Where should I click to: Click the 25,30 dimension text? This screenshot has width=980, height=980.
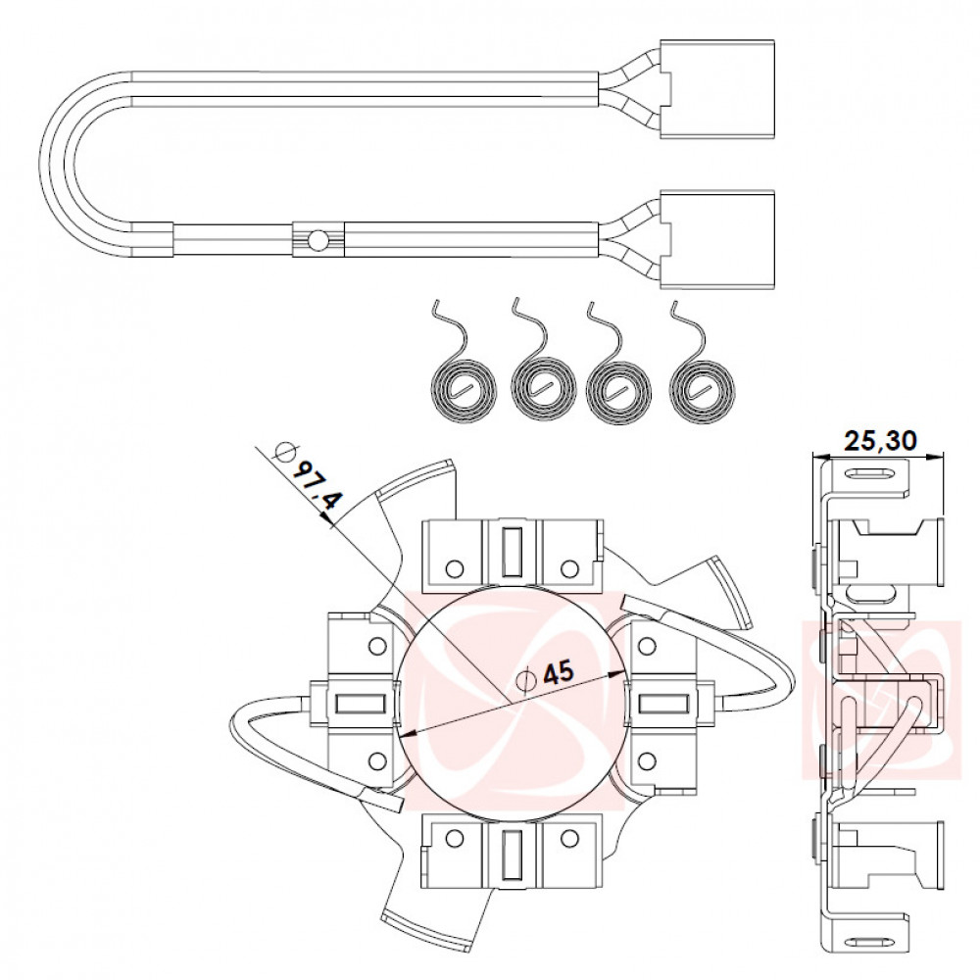881,441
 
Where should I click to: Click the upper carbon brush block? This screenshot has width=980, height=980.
717,89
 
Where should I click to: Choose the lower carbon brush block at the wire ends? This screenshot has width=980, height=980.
717,240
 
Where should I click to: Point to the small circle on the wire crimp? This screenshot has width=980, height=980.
318,239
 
